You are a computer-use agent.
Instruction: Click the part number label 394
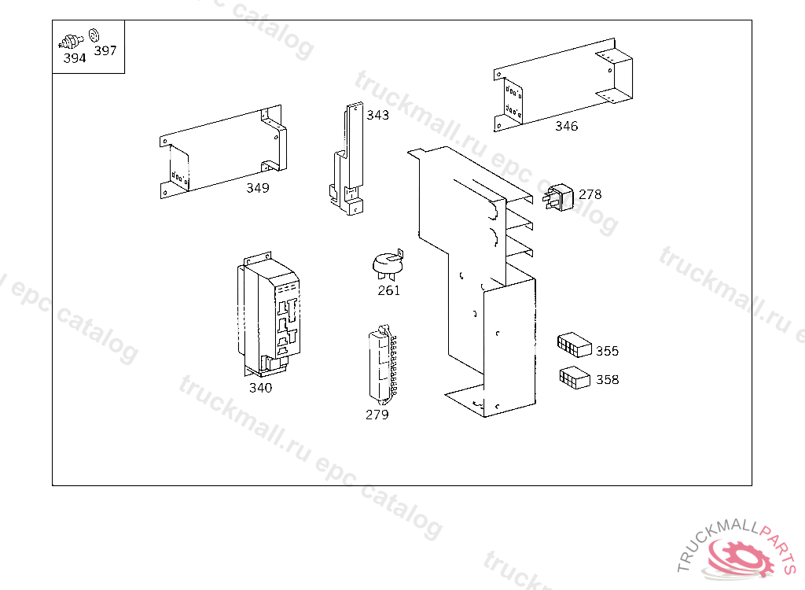point(75,58)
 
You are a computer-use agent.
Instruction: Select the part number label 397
point(105,50)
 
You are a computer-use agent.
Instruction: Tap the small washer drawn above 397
point(94,35)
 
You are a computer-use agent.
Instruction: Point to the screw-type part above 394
point(72,42)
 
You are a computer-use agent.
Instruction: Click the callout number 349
point(258,188)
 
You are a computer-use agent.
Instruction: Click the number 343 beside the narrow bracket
point(378,115)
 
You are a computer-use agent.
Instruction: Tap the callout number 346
point(566,126)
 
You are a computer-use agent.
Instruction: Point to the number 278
point(590,194)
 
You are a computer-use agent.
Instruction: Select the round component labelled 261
point(388,264)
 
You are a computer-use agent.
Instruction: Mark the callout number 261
point(388,291)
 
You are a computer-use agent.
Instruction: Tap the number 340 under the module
point(260,388)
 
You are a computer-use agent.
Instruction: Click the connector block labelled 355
point(575,345)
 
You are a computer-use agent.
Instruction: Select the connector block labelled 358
point(575,378)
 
